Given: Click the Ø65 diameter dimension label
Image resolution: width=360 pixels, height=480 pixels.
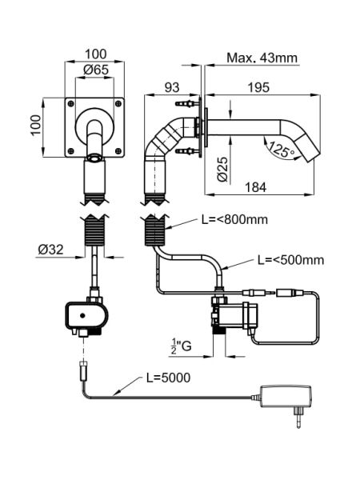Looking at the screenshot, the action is tap(96, 70).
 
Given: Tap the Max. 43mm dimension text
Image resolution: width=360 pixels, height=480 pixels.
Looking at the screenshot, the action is tap(262, 58).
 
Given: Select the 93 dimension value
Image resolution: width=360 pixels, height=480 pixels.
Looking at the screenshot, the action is tap(172, 87).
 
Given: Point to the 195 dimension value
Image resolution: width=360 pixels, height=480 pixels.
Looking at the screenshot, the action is tap(258, 87).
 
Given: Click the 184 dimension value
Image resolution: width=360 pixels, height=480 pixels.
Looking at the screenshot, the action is tap(256, 187).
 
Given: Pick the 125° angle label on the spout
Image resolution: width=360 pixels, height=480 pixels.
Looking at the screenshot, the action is tap(282, 151).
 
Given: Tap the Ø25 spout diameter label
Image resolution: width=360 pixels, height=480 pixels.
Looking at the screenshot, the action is tap(223, 170).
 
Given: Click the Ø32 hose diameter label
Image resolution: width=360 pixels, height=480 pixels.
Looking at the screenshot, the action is tap(51, 250).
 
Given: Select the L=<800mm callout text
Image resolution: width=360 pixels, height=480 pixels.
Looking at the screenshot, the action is tap(234, 219).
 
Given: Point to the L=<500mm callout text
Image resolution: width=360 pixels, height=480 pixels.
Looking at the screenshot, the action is tap(290, 260).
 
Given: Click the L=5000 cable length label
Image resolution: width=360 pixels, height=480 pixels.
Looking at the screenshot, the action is tap(168, 378).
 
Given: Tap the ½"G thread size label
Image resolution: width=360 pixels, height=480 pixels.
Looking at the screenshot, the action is tap(182, 346).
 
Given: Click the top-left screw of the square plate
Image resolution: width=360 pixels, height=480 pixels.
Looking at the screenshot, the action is tap(71, 103).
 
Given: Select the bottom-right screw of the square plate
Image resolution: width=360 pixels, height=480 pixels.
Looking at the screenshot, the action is tap(118, 150).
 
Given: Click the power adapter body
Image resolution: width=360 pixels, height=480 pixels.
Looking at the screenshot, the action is tap(286, 397).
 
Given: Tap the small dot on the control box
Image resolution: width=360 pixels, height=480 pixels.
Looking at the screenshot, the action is tap(82, 315).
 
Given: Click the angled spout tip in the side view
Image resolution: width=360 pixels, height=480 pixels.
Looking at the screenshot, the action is tap(306, 148).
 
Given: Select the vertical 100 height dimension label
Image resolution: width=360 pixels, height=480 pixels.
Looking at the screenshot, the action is tap(36, 125).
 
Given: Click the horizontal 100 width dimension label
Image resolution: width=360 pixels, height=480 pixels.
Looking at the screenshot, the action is tap(95, 54).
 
